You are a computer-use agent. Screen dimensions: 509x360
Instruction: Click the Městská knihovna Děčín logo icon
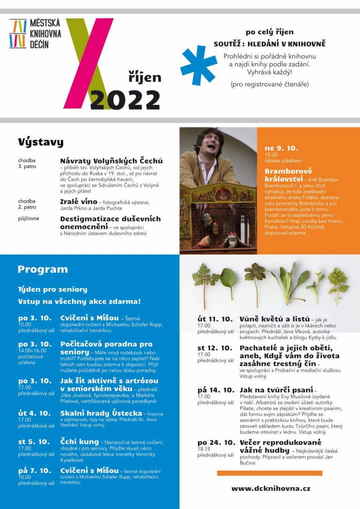point(18,34)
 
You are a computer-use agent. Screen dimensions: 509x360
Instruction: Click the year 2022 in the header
point(125,100)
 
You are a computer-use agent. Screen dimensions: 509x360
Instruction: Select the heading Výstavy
point(40,142)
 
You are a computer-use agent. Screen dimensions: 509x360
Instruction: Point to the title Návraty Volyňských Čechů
point(111,161)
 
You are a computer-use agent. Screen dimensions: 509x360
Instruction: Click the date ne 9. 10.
point(281,148)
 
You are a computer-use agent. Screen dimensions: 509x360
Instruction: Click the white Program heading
point(42,269)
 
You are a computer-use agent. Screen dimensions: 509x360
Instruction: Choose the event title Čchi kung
point(79,441)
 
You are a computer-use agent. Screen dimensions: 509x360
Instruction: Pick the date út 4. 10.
point(34,413)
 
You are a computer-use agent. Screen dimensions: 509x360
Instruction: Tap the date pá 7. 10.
point(34,471)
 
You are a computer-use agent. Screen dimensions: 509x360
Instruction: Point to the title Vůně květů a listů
point(274,319)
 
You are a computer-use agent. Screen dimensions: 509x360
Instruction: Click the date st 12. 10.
point(214,348)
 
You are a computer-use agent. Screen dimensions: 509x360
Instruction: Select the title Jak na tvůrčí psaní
point(276,390)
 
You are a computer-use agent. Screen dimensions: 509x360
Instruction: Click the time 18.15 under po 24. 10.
point(204,449)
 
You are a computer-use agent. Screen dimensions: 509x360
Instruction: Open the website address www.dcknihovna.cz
point(270,488)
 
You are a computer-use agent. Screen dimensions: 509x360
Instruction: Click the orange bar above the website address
point(270,473)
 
